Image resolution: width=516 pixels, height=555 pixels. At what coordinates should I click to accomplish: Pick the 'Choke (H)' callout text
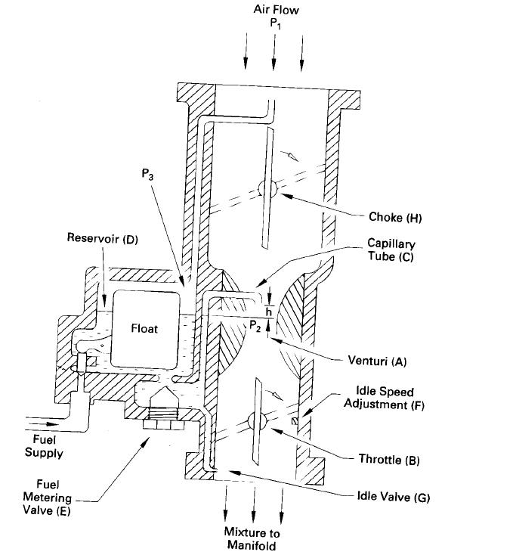395,218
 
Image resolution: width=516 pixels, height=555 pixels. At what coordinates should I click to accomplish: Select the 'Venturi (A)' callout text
382,361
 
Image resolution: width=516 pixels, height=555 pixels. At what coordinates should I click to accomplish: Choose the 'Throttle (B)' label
390,459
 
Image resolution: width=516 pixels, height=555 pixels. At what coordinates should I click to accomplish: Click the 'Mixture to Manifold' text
253,539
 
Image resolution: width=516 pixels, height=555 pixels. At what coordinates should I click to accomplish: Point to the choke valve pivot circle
268,188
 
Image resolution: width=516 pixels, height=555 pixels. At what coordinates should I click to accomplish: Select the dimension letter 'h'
269,309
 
